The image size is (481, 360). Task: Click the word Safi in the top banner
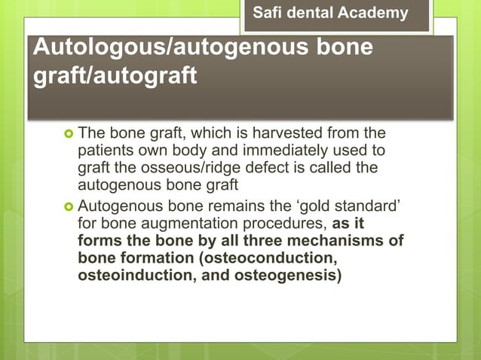click(x=271, y=13)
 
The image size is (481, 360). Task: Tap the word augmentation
click(x=172, y=223)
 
